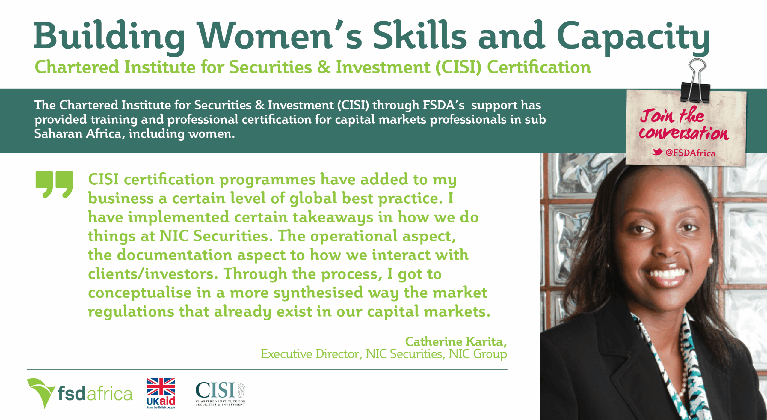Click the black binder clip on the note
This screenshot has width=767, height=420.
[x=695, y=81]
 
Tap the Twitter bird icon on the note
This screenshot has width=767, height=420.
[x=657, y=152]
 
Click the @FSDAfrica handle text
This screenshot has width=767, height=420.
[x=690, y=153]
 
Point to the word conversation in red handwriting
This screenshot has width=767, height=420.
[x=684, y=133]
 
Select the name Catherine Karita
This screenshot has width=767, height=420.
[x=455, y=342]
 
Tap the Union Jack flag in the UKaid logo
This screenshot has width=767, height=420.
[x=161, y=387]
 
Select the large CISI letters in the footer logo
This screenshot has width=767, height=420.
[x=215, y=390]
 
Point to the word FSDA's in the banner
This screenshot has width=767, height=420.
[x=443, y=105]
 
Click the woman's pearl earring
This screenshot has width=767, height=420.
[x=710, y=261]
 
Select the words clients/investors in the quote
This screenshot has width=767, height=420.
[x=152, y=274]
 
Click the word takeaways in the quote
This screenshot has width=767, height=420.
[x=333, y=218]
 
